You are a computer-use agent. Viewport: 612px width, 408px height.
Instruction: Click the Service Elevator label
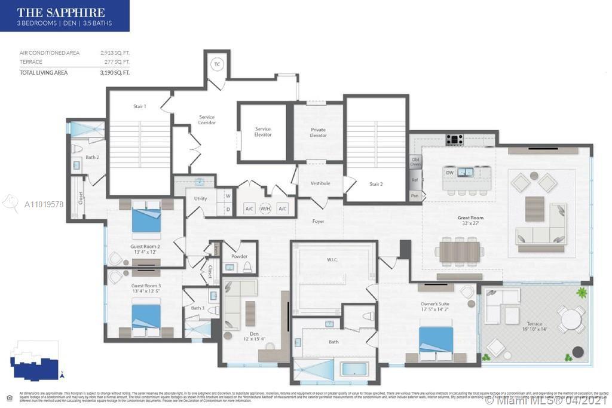click(x=263, y=131)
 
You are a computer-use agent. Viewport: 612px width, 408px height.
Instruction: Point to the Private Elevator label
click(x=318, y=132)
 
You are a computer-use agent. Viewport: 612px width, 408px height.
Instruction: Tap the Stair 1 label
click(x=139, y=106)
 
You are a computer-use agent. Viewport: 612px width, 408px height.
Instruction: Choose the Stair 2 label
click(x=375, y=184)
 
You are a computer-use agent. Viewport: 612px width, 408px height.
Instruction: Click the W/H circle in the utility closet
click(x=265, y=208)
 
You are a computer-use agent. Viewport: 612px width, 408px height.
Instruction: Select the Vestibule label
click(x=320, y=183)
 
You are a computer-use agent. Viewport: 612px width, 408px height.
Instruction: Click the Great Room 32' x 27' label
click(x=471, y=221)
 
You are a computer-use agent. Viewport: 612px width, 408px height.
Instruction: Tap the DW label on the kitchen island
click(x=449, y=173)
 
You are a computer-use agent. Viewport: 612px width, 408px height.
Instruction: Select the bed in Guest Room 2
click(x=146, y=219)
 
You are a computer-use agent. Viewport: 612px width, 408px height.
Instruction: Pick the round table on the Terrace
click(x=571, y=319)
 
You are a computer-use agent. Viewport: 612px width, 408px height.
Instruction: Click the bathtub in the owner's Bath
click(x=354, y=369)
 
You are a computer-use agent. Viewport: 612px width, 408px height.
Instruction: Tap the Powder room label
click(x=239, y=256)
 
